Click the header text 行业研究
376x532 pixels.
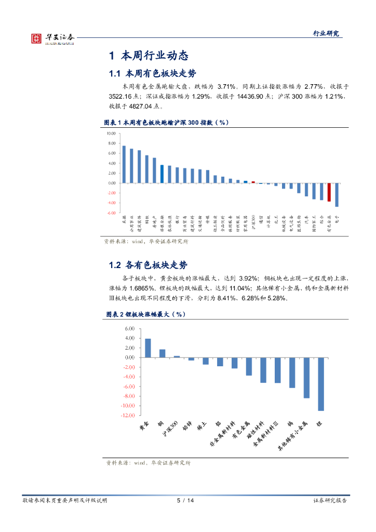click(x=326, y=33)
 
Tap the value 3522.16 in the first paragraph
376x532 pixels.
click(x=123, y=97)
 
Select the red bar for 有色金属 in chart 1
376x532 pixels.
click(x=329, y=192)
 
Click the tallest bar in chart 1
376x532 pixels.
click(x=124, y=164)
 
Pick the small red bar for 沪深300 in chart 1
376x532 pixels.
click(x=253, y=182)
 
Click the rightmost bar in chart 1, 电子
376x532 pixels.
click(x=337, y=195)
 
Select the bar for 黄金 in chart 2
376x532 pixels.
click(x=147, y=348)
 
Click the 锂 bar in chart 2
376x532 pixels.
click(x=321, y=384)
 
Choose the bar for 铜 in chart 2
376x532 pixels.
click(x=162, y=353)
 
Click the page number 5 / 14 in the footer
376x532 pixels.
click(x=185, y=500)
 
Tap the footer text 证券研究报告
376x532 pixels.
click(x=330, y=500)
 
